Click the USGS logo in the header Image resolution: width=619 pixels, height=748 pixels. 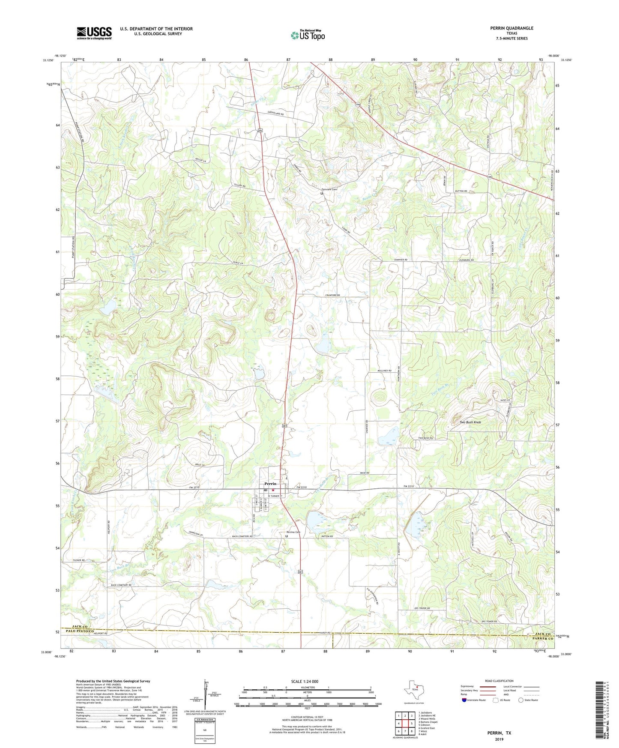coord(94,33)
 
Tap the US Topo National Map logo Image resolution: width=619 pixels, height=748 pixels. coord(307,35)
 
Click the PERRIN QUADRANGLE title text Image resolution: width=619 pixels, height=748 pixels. coord(511,28)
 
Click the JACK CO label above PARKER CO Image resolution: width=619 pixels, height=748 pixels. coord(542,634)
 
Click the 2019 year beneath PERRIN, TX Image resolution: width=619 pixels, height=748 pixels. coord(499,739)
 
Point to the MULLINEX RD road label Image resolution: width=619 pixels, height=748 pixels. coord(384,371)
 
